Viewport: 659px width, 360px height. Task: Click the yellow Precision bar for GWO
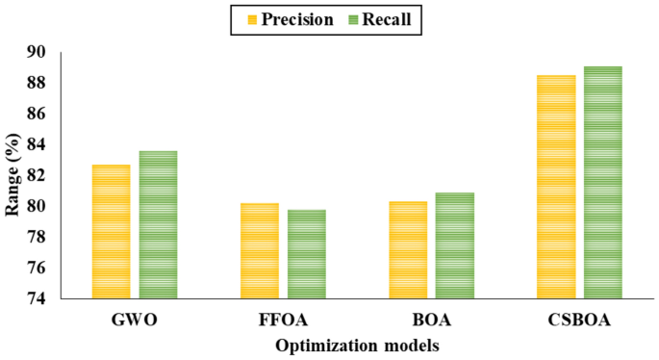click(111, 232)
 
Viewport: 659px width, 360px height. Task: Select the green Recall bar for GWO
click(158, 225)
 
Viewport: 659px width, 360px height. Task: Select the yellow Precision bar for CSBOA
click(556, 187)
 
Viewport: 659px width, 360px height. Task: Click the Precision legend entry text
click(296, 18)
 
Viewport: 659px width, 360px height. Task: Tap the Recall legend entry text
click(393, 18)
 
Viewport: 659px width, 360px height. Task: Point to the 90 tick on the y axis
click(44, 52)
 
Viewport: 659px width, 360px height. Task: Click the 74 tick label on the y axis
click(44, 298)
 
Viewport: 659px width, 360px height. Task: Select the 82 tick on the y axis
click(44, 175)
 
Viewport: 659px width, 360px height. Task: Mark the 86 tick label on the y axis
click(44, 114)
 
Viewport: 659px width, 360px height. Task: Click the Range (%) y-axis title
click(13, 175)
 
